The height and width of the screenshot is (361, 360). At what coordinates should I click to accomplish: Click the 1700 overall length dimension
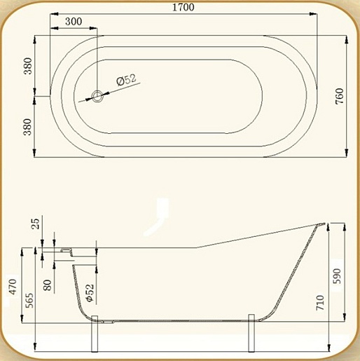pyautogui.click(x=184, y=7)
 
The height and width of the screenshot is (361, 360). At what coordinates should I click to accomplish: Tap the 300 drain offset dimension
pyautogui.click(x=74, y=22)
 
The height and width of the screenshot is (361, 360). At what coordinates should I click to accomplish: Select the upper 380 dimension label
pyautogui.click(x=28, y=66)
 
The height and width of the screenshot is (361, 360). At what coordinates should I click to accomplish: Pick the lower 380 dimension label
pyautogui.click(x=28, y=127)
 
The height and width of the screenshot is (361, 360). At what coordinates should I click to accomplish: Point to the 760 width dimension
pyautogui.click(x=340, y=96)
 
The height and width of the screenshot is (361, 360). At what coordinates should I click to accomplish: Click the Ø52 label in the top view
pyautogui.click(x=126, y=80)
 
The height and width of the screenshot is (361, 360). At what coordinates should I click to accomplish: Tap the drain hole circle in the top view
pyautogui.click(x=97, y=96)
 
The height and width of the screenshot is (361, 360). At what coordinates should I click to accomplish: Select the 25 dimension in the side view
pyautogui.click(x=36, y=224)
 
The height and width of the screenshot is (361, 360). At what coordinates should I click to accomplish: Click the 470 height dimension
pyautogui.click(x=13, y=287)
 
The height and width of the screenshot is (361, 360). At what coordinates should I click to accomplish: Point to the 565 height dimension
pyautogui.click(x=29, y=300)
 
